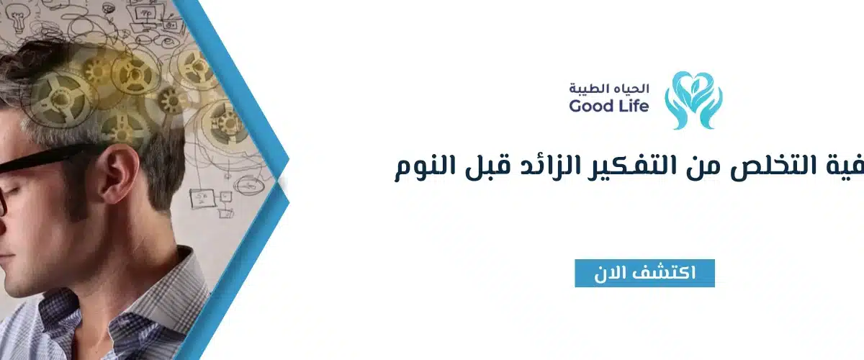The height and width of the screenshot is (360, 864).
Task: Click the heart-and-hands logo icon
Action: (x=693, y=100)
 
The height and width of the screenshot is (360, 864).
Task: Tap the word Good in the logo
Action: (x=589, y=107)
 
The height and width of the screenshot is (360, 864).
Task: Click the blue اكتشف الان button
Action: (x=644, y=273)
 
